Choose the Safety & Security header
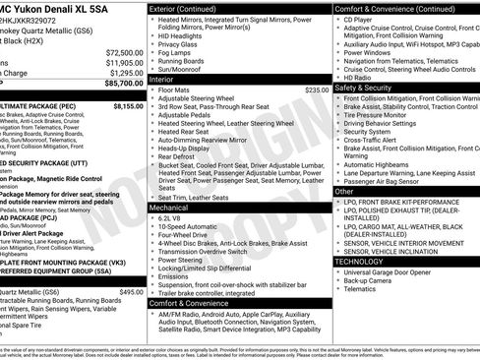click(370, 88)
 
